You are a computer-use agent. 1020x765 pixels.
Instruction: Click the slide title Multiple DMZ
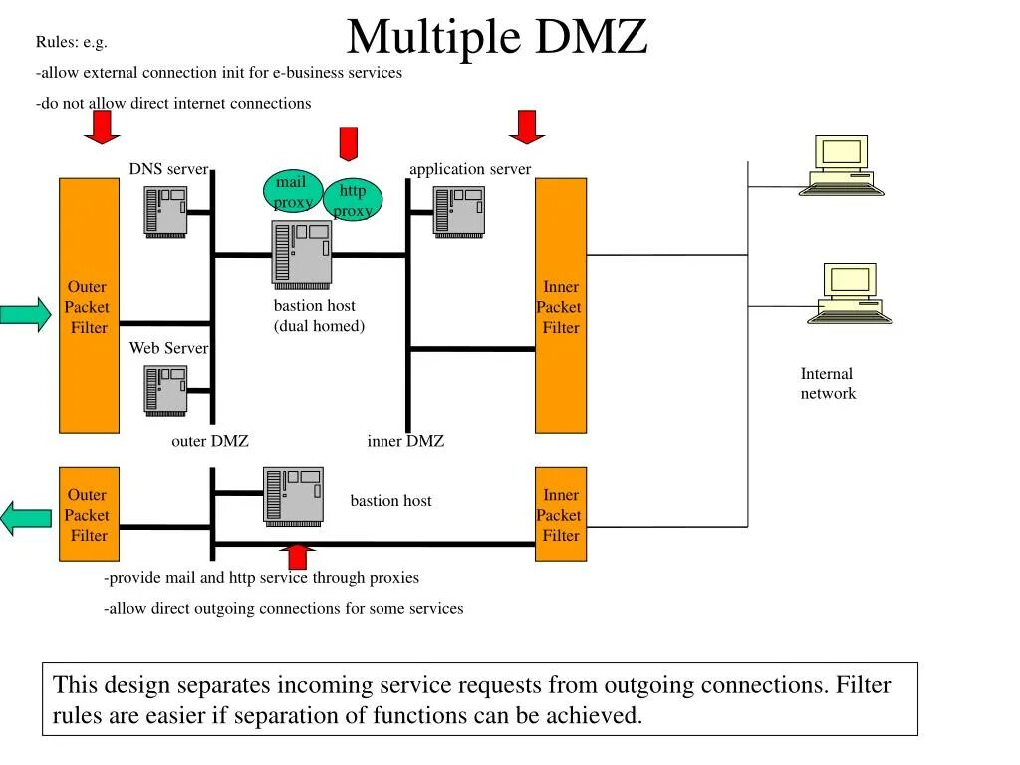point(497,38)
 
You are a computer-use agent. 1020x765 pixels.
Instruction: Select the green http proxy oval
point(353,200)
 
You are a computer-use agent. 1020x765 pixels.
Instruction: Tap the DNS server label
point(168,169)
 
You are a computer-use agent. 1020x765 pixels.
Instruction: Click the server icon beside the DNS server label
point(165,211)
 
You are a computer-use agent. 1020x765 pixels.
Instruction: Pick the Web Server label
point(168,348)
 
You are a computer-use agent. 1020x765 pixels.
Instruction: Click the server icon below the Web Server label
point(165,389)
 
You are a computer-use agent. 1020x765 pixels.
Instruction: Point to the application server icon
point(458,211)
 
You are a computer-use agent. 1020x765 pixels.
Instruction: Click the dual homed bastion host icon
point(302,252)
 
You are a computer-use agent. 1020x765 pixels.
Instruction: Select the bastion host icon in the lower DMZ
point(293,495)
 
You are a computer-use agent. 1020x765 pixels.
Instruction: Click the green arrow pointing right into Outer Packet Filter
point(25,313)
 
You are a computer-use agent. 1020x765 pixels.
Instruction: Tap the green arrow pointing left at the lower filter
point(25,519)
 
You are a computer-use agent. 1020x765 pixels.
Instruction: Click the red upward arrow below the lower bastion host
point(296,557)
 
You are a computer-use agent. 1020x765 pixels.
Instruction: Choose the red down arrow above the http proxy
point(348,143)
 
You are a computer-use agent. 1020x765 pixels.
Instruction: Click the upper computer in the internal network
point(842,165)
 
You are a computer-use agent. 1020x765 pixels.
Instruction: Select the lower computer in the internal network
point(850,293)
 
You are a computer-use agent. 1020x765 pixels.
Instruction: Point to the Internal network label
point(827,383)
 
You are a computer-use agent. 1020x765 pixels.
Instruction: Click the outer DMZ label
point(209,441)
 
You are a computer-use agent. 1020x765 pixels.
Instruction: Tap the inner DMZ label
point(405,441)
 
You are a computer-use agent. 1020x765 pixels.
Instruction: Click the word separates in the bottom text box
point(224,685)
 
